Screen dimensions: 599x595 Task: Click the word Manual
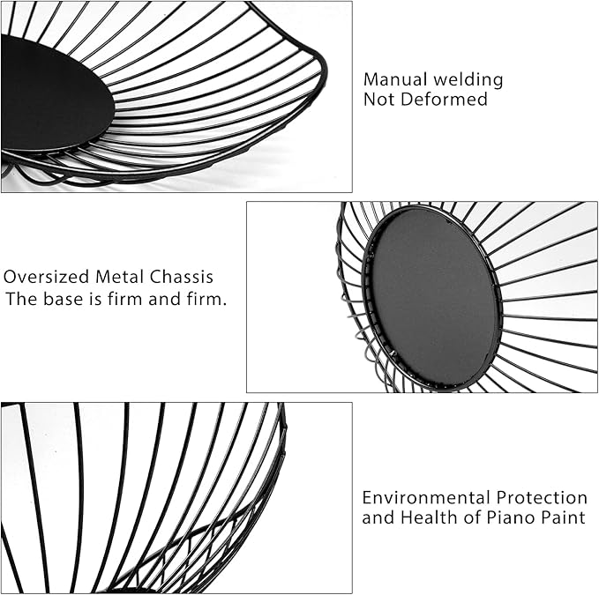pos(395,79)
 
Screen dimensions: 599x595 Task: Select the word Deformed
pos(445,99)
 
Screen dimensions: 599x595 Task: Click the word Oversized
pos(46,277)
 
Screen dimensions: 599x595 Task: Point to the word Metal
pos(120,277)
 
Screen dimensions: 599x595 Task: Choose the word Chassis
pos(182,277)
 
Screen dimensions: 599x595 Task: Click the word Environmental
pos(426,498)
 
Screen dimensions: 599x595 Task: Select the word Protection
pos(542,498)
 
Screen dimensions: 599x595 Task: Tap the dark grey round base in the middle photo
pos(431,298)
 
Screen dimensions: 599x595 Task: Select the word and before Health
pos(378,517)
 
